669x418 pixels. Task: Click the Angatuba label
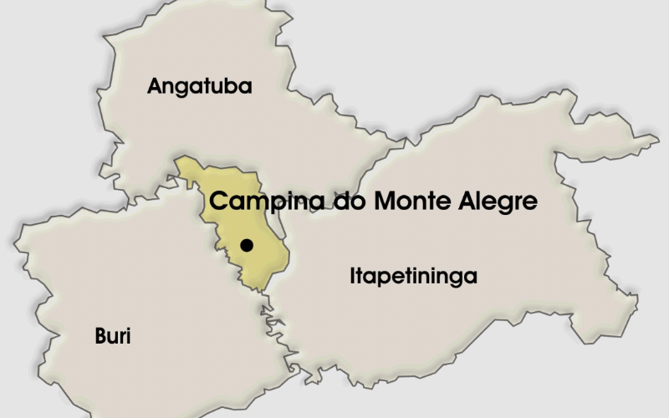click(199, 86)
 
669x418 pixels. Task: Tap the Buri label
click(113, 337)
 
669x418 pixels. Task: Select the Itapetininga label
click(413, 277)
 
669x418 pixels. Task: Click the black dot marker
click(247, 246)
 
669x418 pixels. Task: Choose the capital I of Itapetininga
click(352, 276)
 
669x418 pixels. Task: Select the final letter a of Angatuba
click(246, 87)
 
